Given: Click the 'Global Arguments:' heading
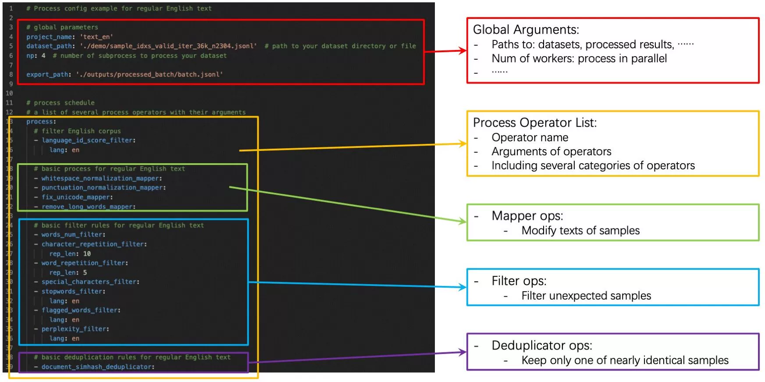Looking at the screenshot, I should point(526,29).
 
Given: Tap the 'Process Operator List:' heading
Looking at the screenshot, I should point(534,122).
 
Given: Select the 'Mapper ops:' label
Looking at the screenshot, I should point(527,216).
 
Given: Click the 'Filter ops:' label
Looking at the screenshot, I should point(519,281).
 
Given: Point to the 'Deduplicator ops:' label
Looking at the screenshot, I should point(541,345).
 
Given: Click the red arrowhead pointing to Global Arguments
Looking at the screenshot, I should point(462,51).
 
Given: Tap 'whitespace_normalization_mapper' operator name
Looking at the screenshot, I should point(100,179).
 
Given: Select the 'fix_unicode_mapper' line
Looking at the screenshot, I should point(76,197).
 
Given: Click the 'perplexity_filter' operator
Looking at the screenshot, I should point(74,329).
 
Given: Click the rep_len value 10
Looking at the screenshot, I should point(87,254).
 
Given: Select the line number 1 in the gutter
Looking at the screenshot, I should point(11,8).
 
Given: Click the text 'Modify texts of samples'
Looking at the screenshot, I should point(580,231).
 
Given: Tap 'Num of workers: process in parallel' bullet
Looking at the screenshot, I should point(579,59).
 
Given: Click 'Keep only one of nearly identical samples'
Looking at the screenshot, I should point(624,361).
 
